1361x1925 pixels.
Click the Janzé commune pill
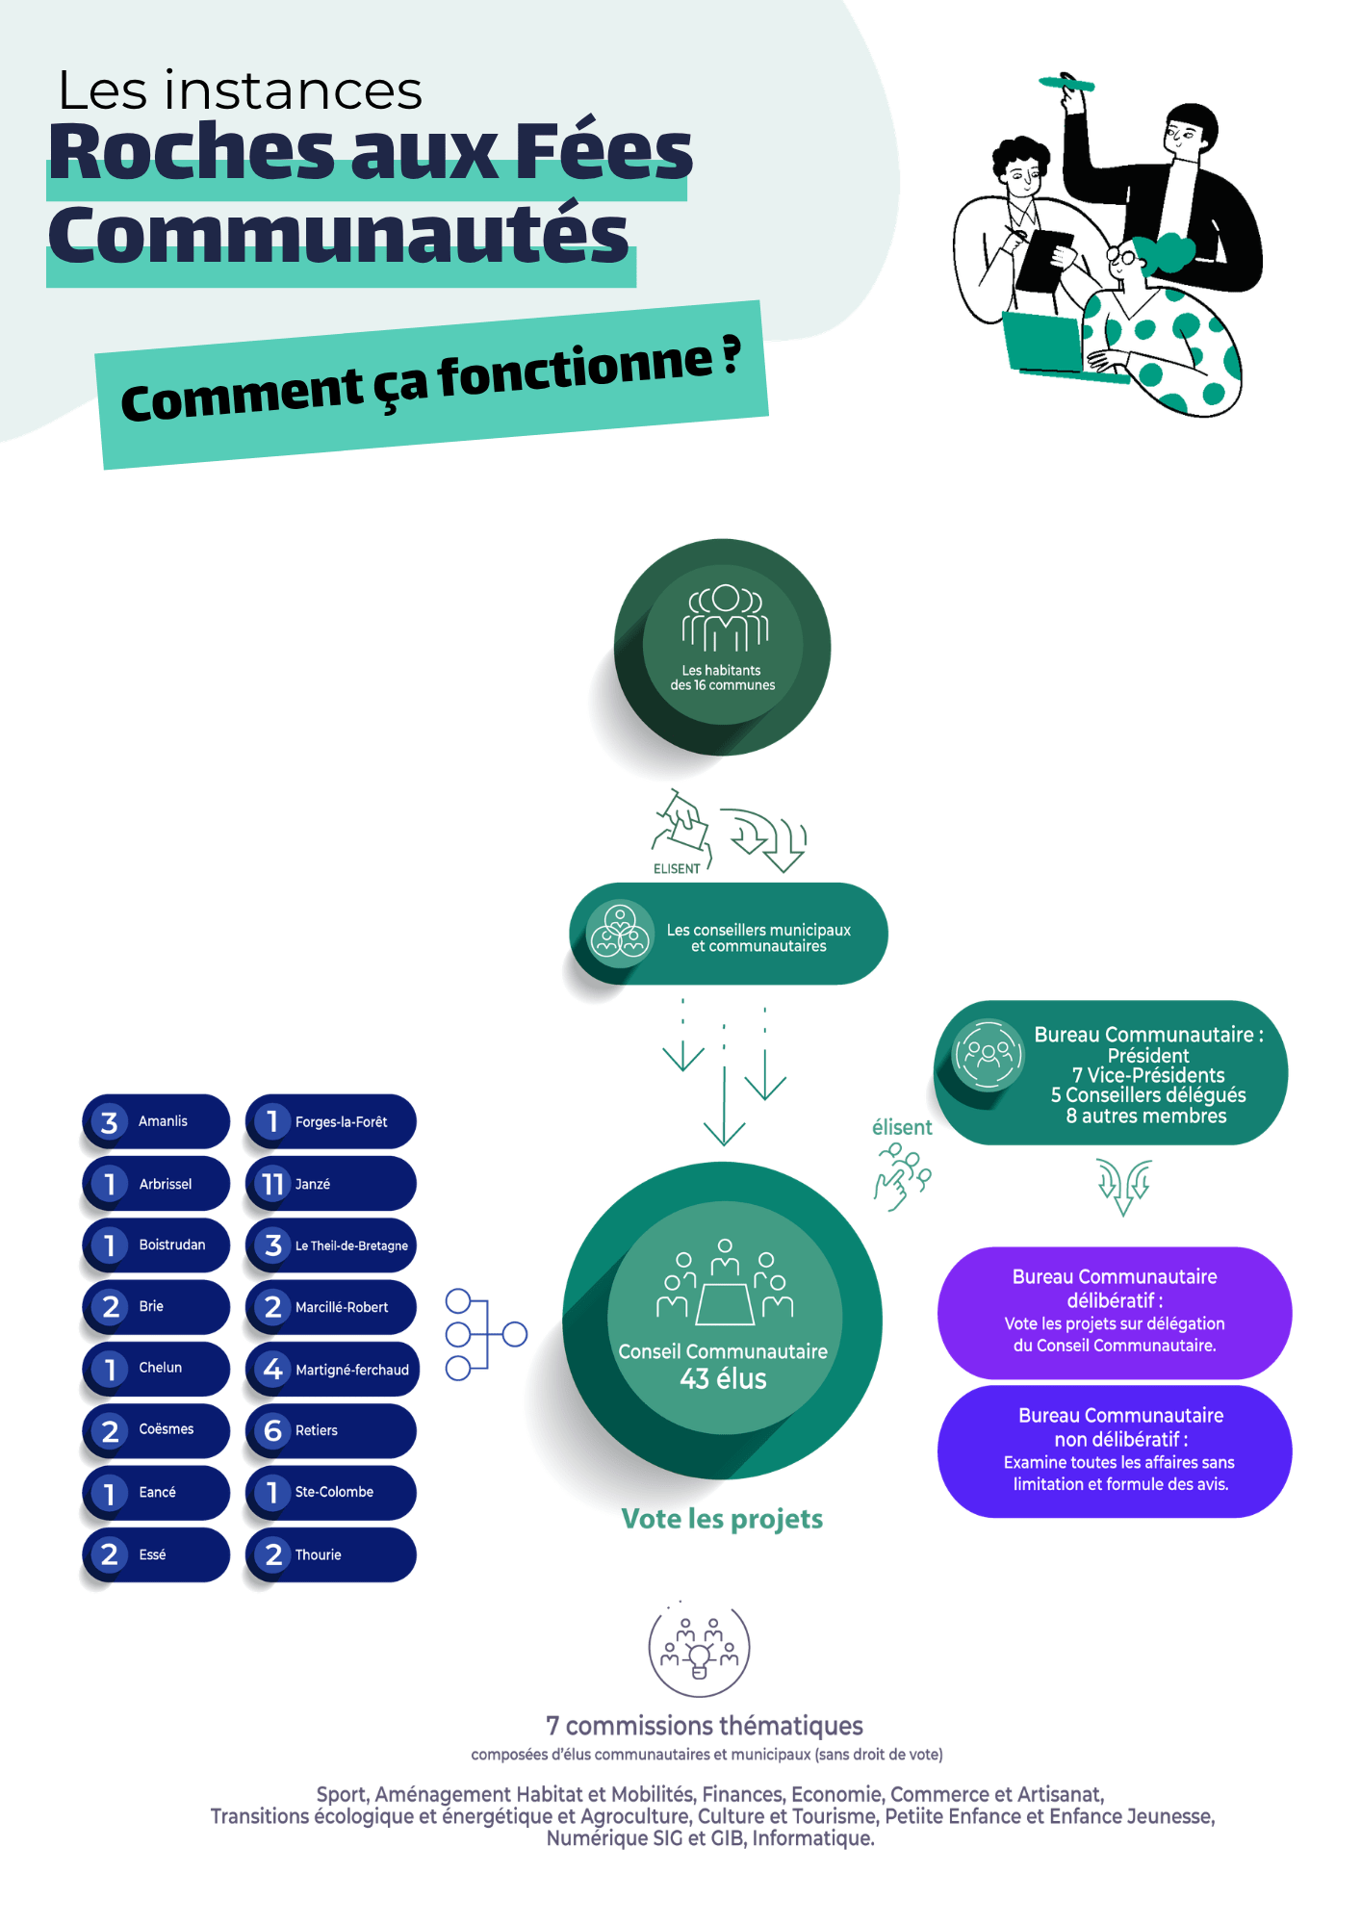[x=331, y=1183]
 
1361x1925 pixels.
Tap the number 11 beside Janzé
[x=273, y=1184]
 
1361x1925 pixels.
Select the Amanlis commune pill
[x=157, y=1121]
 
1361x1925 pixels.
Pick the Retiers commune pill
[x=331, y=1430]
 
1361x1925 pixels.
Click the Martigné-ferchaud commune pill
[x=333, y=1369]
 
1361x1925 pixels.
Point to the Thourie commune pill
[x=331, y=1554]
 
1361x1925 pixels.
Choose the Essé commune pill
[x=157, y=1554]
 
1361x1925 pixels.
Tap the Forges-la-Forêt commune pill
[x=331, y=1121]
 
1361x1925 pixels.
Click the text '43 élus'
[x=724, y=1379]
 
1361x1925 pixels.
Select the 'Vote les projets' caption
[x=723, y=1519]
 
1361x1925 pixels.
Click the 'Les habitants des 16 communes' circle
[x=723, y=647]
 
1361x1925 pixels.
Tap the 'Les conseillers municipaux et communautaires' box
[x=729, y=934]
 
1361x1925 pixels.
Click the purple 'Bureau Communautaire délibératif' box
[x=1115, y=1313]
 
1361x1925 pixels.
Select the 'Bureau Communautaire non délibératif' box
[x=1115, y=1451]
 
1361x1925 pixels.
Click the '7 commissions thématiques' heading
[x=705, y=1726]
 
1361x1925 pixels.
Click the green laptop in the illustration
[x=1044, y=342]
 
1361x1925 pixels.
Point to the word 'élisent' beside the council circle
[x=902, y=1127]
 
